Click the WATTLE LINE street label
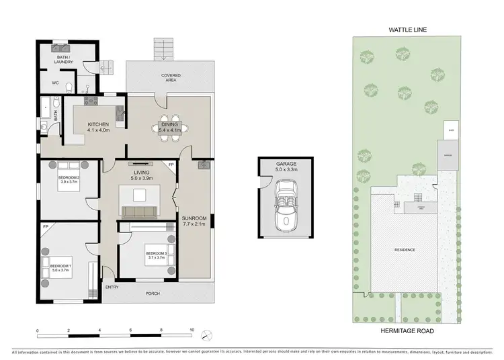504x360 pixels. [407, 29]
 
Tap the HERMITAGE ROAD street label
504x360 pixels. [407, 331]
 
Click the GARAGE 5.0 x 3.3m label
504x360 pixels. [286, 167]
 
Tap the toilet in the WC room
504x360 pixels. [87, 86]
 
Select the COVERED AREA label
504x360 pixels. [169, 78]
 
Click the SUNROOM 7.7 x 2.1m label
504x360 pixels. [196, 221]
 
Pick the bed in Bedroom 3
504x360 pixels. [155, 255]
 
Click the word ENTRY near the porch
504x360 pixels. [112, 287]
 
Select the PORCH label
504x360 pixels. [153, 293]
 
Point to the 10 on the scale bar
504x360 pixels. [192, 330]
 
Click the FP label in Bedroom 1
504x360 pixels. [45, 227]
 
